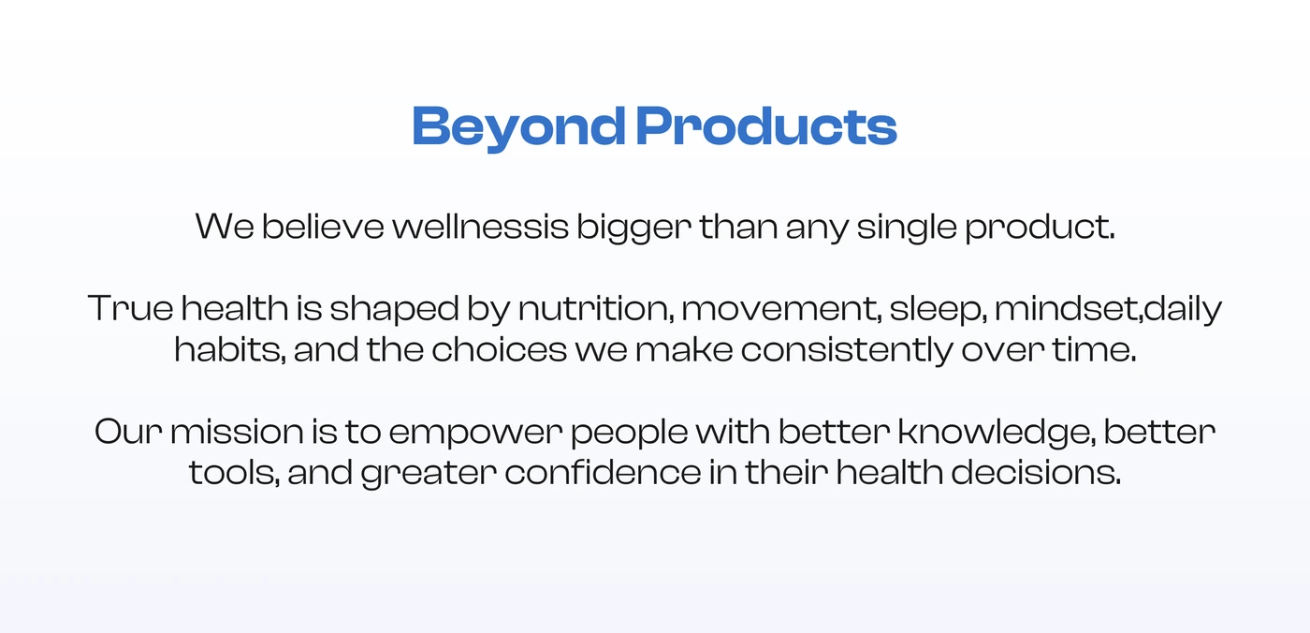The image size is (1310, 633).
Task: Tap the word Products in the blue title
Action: [766, 125]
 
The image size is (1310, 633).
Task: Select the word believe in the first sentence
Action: [323, 226]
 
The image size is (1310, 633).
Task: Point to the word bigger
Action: [634, 228]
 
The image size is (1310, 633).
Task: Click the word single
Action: [907, 228]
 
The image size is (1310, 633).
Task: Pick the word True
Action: [130, 308]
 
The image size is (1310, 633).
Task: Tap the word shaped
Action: [394, 310]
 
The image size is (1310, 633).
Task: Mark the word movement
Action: [782, 310]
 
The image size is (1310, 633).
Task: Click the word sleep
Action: [938, 310]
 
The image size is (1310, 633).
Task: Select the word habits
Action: [230, 349]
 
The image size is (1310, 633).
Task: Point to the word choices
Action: [500, 349]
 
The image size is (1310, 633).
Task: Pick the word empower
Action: [475, 434]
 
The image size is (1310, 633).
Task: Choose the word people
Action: [629, 434]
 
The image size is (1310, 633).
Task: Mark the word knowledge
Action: [997, 434]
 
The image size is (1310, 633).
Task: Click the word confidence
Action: [603, 472]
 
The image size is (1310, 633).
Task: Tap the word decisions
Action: [1037, 472]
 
